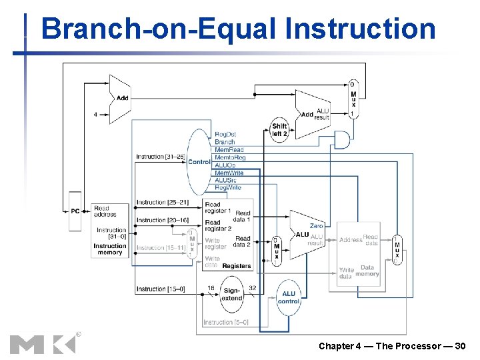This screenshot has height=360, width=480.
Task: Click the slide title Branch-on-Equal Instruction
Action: [x=238, y=29]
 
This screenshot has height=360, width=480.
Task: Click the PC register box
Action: [x=75, y=211]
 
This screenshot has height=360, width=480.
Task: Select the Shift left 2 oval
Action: [x=279, y=129]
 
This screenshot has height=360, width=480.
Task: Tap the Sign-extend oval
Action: [x=231, y=295]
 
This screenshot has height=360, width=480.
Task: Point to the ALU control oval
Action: [x=288, y=297]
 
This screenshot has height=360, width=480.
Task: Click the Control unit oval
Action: [x=199, y=162]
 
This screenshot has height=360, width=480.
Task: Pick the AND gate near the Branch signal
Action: [x=341, y=139]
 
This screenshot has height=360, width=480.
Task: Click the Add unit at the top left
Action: [x=120, y=99]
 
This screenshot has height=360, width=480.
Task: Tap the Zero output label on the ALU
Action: [x=316, y=226]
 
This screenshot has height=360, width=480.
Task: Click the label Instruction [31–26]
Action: [x=159, y=157]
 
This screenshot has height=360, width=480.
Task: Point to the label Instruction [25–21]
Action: [x=162, y=202]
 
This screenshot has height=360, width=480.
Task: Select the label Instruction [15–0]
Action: [x=160, y=289]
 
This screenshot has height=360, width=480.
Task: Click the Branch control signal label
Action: [x=225, y=142]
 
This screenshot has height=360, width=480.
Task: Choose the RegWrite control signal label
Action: [x=228, y=188]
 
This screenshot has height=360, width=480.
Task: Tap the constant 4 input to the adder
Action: [x=95, y=114]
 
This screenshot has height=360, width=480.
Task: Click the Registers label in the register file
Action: [x=237, y=266]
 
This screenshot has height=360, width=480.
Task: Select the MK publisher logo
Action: [x=43, y=343]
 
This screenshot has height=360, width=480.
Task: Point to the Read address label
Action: [x=105, y=211]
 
